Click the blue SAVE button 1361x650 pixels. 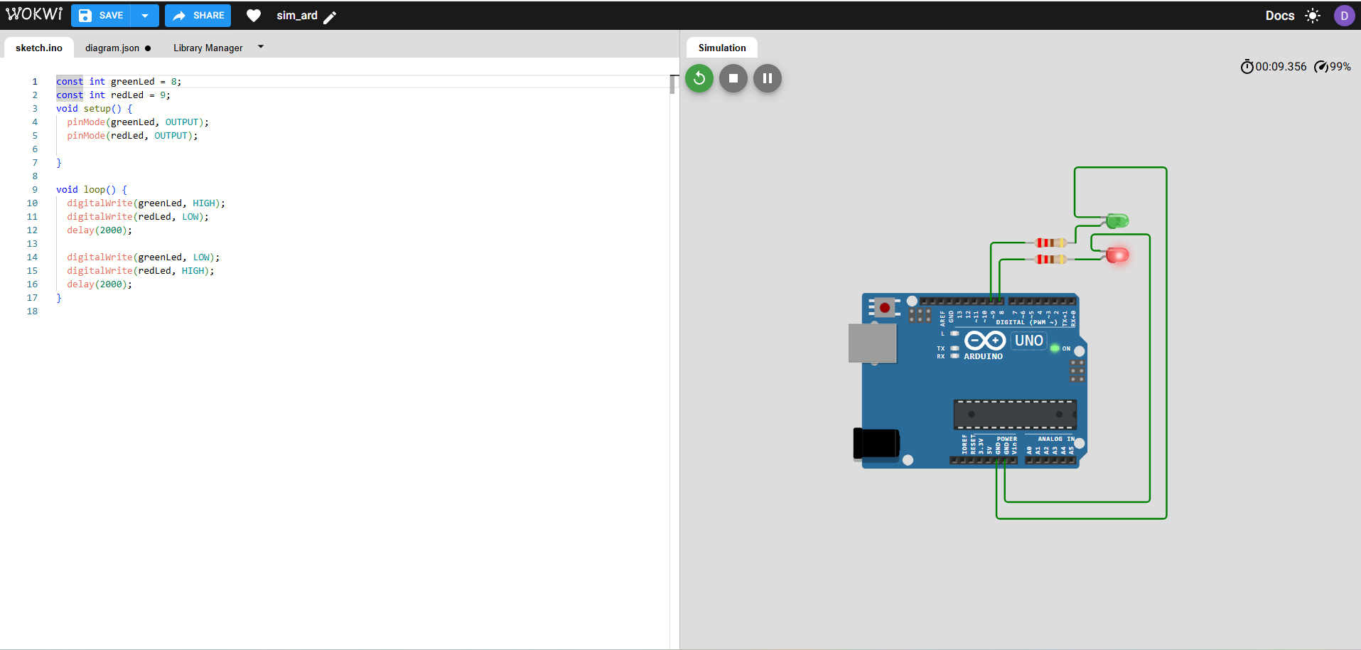pos(101,16)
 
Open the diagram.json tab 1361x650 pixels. pos(112,48)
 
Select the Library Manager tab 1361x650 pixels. pos(208,48)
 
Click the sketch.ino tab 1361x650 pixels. pos(39,48)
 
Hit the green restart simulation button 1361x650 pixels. pos(699,78)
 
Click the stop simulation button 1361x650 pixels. pos(733,78)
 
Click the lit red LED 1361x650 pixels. pos(1117,255)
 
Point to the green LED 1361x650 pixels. pos(1117,221)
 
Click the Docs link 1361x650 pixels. pos(1279,16)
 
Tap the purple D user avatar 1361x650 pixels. pos(1344,16)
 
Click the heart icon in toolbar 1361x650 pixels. pos(254,16)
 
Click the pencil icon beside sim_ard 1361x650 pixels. pos(330,17)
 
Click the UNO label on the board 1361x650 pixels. pos(1028,341)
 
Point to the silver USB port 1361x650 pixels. pos(873,343)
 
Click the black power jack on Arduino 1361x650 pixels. pos(876,443)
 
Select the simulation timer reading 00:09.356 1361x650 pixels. pos(1280,67)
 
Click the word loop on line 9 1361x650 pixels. pos(94,190)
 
